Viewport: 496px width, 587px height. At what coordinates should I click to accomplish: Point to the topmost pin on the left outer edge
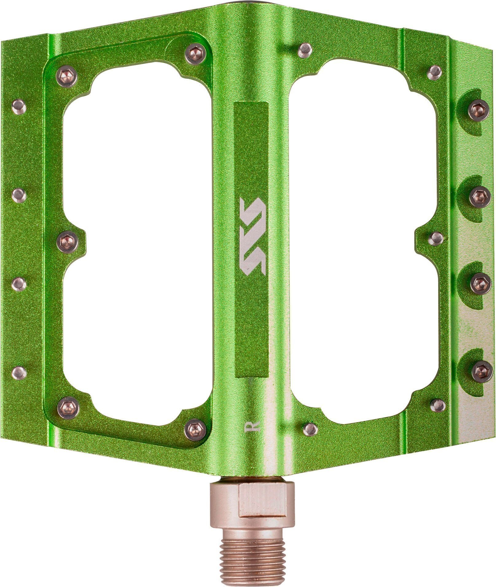coord(19,107)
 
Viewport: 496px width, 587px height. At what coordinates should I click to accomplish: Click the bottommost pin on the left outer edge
coord(19,373)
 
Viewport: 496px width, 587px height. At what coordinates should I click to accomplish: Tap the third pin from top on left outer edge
coord(19,284)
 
